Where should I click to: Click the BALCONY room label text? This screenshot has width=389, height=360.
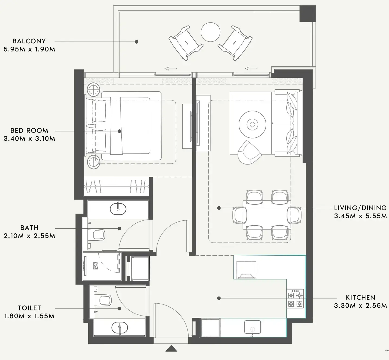coord(29,41)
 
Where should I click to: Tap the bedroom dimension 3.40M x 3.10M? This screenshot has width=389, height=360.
coord(29,139)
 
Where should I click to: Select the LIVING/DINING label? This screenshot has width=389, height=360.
coord(360,208)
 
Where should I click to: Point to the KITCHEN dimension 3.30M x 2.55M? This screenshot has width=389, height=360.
coord(360,306)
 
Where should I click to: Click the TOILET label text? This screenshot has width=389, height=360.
coord(29,308)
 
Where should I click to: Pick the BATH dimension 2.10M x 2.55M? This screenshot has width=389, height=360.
coord(29,236)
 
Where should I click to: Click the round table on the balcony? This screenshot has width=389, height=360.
coord(210,32)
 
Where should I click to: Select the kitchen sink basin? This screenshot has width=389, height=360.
coord(252,327)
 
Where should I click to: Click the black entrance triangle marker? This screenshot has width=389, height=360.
coord(171,348)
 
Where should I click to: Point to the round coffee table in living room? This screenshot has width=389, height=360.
coord(252,124)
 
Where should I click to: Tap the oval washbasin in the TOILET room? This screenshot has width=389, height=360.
coord(120,328)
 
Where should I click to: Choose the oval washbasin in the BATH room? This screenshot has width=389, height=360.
coord(118,209)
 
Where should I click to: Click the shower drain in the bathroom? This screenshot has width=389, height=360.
coord(95,266)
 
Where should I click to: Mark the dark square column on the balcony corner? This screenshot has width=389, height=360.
coord(307,14)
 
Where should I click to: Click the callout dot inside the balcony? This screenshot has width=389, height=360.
coord(137,42)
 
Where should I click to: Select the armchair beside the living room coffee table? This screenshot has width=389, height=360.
coord(249,153)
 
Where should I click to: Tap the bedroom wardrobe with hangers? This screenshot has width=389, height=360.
coord(116,187)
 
